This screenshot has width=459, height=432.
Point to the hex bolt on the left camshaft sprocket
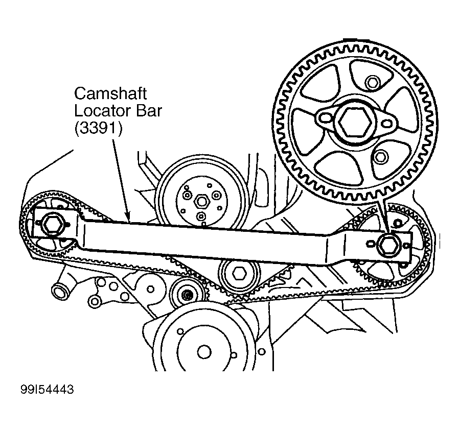(52, 223)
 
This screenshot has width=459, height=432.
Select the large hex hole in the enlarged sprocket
(354, 121)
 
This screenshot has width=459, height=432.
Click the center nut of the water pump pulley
(201, 201)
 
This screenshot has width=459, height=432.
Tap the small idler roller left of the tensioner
(187, 295)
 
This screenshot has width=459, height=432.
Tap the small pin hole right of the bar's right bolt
(406, 245)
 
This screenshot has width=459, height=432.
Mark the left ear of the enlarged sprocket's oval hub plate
(324, 118)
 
